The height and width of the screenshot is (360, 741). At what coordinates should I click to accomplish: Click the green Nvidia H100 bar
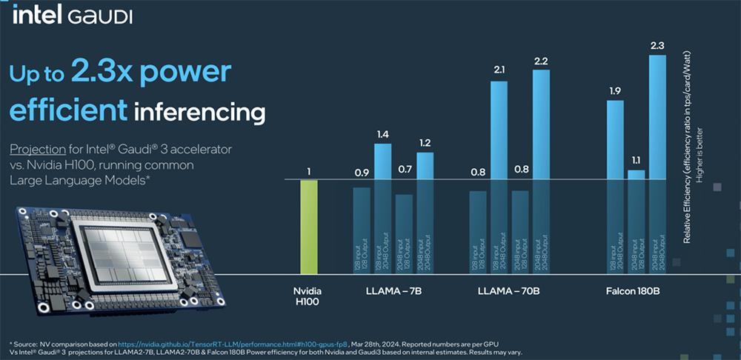pyautogui.click(x=309, y=229)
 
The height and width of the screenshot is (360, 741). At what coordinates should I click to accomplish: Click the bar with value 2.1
pyautogui.click(x=499, y=148)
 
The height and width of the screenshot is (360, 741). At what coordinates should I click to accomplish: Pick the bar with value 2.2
pyautogui.click(x=541, y=148)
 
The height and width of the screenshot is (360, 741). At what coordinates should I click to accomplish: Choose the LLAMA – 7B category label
pyautogui.click(x=393, y=291)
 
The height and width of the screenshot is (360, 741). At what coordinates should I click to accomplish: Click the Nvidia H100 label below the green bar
pyautogui.click(x=309, y=297)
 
